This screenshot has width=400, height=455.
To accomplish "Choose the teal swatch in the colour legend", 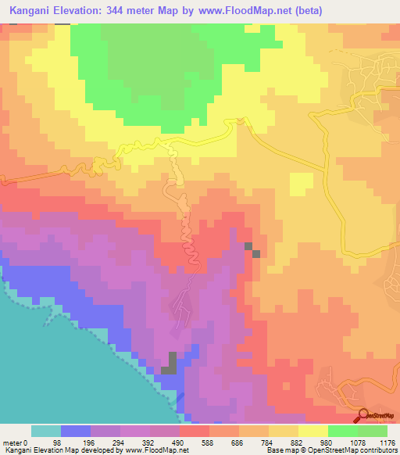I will [46, 431].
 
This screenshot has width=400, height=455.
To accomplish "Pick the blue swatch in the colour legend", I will [76, 431].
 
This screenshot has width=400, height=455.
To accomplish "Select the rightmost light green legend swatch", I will [373, 431].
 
